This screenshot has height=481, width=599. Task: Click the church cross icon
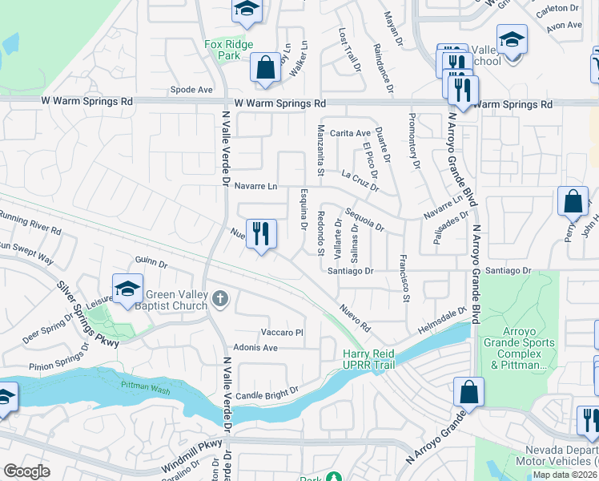pos(221,301)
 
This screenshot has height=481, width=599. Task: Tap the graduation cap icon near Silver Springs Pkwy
pos(127,291)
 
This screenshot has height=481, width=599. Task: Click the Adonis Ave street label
pos(255,348)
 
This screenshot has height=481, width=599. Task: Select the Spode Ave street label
pos(192,90)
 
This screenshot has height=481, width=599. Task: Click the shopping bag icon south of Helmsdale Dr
pos(468,393)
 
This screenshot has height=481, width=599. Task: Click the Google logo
pos(26,471)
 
